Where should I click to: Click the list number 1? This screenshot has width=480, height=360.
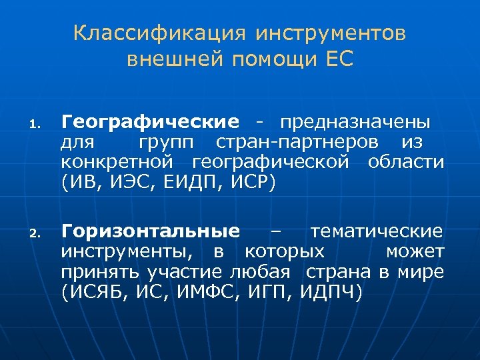(37, 124)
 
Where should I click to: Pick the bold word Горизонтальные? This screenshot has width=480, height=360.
(151, 232)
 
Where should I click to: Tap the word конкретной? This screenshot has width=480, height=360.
(118, 161)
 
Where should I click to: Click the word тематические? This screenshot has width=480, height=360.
(377, 232)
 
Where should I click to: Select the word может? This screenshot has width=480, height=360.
(415, 251)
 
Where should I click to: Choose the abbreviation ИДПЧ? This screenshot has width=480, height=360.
(331, 291)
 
